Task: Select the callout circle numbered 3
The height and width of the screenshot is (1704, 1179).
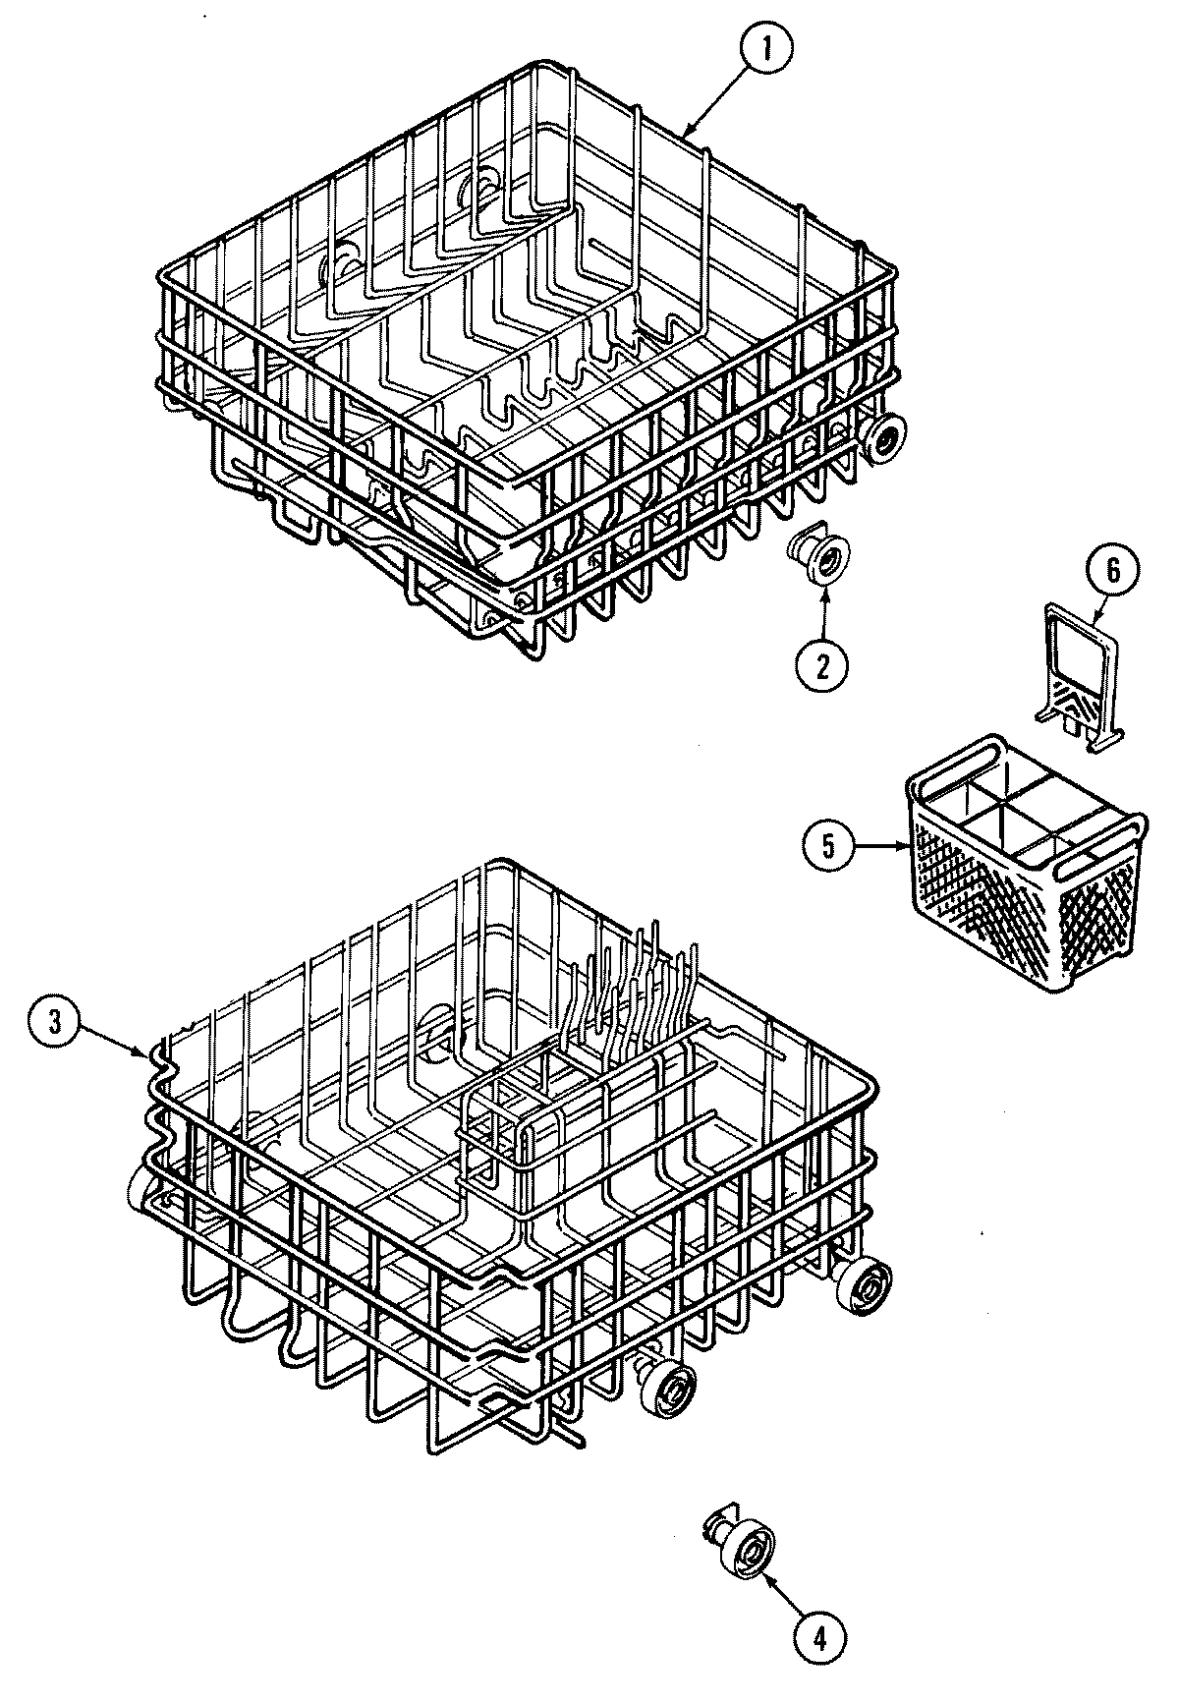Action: (55, 1021)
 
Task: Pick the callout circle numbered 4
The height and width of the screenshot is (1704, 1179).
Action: (819, 1636)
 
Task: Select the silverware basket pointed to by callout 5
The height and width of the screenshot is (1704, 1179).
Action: (1022, 865)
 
